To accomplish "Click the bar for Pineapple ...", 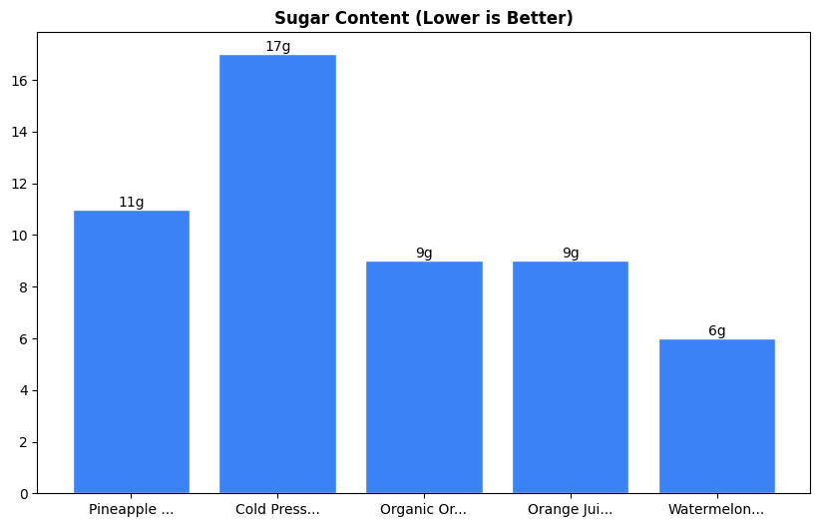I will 132,351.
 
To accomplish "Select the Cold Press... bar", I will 277,273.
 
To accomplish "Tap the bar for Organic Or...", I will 424,377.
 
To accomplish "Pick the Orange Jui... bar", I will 571,377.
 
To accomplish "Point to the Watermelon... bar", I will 716,416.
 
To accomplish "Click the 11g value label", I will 132,203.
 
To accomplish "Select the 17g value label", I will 277,47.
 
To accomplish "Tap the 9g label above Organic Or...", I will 424,254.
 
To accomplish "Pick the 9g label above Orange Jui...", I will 571,254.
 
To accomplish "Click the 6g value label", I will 716,331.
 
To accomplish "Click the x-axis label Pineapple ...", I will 132,510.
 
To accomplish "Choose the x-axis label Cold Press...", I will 277,510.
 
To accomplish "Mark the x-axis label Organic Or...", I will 424,510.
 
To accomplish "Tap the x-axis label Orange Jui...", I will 571,510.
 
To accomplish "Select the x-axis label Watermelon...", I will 716,510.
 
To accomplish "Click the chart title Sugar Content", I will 424,19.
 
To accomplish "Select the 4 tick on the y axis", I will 24,390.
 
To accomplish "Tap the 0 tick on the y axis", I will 24,494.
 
